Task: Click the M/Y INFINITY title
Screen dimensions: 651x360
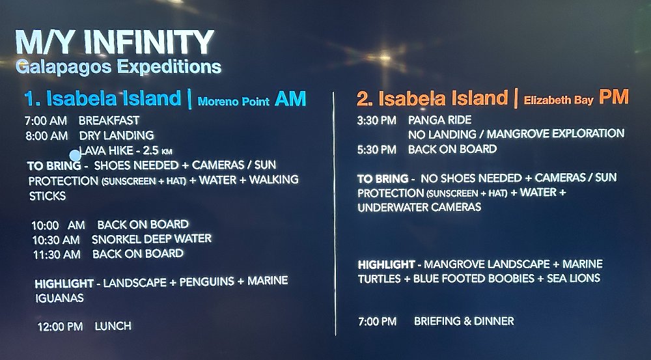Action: [115, 42]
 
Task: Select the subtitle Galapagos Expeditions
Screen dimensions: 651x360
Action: [118, 67]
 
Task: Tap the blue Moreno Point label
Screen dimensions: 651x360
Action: [233, 102]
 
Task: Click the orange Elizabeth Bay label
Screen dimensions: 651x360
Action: [559, 100]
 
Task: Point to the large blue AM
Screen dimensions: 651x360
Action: [290, 99]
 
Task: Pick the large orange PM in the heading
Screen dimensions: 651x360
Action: [614, 97]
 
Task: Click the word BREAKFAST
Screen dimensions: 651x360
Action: [109, 121]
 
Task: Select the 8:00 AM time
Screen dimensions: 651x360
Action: [46, 136]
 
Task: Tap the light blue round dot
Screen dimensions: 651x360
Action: [75, 156]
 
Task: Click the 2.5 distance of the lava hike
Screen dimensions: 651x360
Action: [151, 150]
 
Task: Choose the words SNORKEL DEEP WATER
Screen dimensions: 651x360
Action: [152, 239]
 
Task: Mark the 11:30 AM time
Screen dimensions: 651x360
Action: [57, 255]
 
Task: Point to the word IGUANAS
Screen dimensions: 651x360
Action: [59, 298]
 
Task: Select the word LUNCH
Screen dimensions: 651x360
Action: [113, 326]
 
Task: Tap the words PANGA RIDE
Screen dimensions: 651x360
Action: [439, 120]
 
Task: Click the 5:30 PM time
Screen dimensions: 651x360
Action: [376, 150]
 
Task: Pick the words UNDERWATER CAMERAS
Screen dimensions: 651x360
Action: [419, 207]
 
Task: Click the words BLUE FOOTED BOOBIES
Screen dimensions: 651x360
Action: [474, 279]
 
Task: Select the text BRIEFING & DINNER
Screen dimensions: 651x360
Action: [464, 322]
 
